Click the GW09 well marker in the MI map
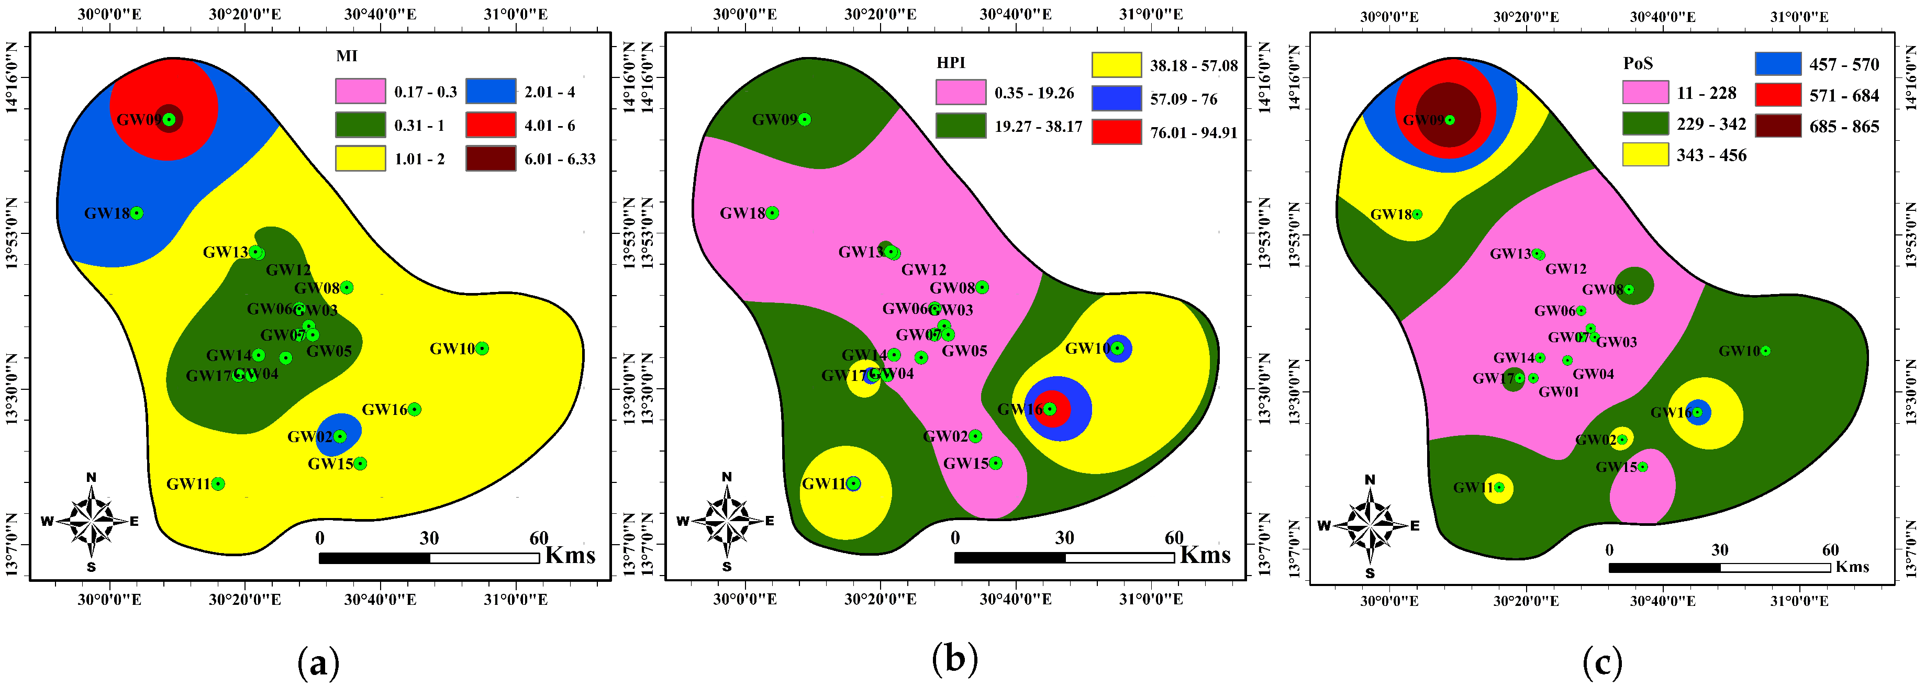point(170,119)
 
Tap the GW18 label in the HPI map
point(742,213)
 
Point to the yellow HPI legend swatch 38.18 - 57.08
point(1117,65)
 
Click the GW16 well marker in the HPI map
point(1050,409)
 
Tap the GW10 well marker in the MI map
point(482,348)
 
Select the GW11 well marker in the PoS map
point(1499,488)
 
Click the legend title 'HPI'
point(951,63)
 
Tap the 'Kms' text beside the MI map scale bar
point(570,556)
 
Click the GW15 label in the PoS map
point(1616,467)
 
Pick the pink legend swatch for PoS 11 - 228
point(1645,93)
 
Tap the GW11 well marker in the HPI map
point(853,484)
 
